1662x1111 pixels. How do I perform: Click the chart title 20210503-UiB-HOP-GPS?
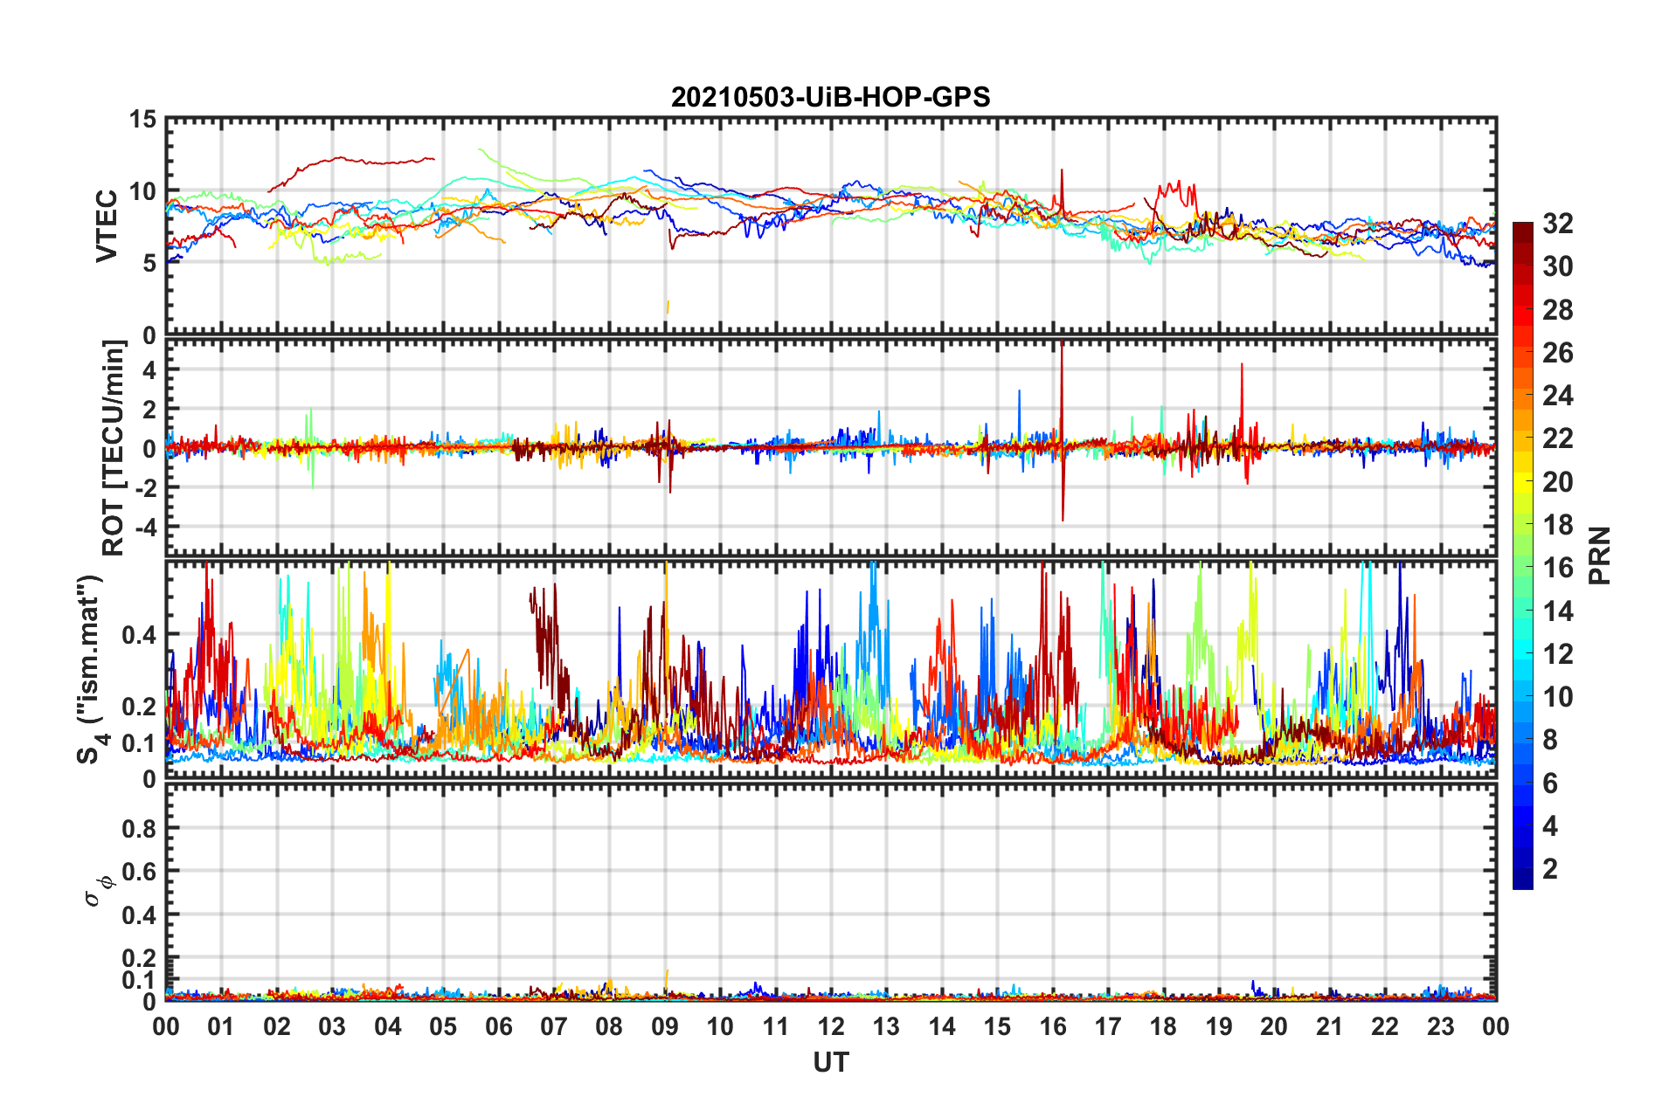pyautogui.click(x=830, y=97)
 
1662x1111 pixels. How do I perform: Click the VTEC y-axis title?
pyautogui.click(x=107, y=225)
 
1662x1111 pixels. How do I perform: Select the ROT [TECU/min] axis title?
pyautogui.click(x=114, y=447)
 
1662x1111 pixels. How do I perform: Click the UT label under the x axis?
pyautogui.click(x=830, y=1062)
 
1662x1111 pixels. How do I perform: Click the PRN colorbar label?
pyautogui.click(x=1599, y=555)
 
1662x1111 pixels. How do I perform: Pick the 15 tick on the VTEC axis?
pyautogui.click(x=142, y=120)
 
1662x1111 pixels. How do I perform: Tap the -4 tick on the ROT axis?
pyautogui.click(x=145, y=527)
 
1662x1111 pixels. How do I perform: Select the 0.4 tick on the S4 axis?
pyautogui.click(x=138, y=635)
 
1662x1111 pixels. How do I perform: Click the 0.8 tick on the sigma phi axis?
pyautogui.click(x=138, y=828)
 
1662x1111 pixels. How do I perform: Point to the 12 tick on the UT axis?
pyautogui.click(x=831, y=1026)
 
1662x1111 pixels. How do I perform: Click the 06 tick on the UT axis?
pyautogui.click(x=499, y=1026)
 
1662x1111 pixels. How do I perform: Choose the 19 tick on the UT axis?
pyautogui.click(x=1218, y=1026)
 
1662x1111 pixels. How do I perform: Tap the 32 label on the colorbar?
pyautogui.click(x=1557, y=224)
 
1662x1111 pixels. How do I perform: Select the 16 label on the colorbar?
pyautogui.click(x=1557, y=568)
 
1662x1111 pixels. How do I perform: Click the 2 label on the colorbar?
pyautogui.click(x=1550, y=869)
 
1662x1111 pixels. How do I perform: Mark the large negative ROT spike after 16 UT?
pyautogui.click(x=1063, y=515)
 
